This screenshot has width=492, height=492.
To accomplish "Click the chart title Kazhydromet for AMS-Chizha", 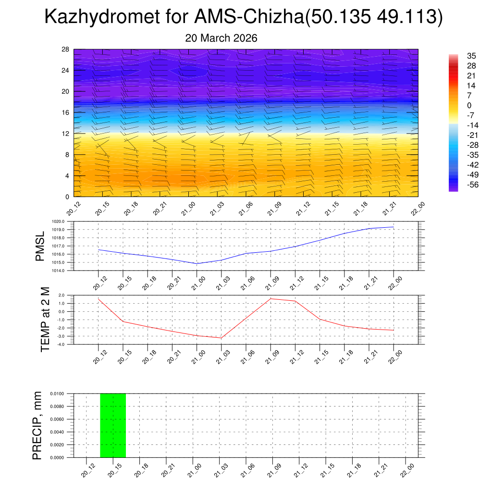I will click(x=243, y=17).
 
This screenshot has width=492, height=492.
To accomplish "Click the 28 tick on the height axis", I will click(x=66, y=49).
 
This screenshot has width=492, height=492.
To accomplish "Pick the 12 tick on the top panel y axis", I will click(x=66, y=134).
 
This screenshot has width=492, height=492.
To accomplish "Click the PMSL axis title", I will click(x=40, y=246).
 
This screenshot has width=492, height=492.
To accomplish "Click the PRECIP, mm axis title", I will click(x=37, y=425).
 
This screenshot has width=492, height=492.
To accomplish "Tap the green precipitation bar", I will click(x=113, y=425).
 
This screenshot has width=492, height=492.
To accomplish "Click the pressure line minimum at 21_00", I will click(x=197, y=263).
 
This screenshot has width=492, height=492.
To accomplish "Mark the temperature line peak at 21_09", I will click(x=271, y=298).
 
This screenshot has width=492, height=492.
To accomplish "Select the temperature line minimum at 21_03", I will click(x=221, y=338).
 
